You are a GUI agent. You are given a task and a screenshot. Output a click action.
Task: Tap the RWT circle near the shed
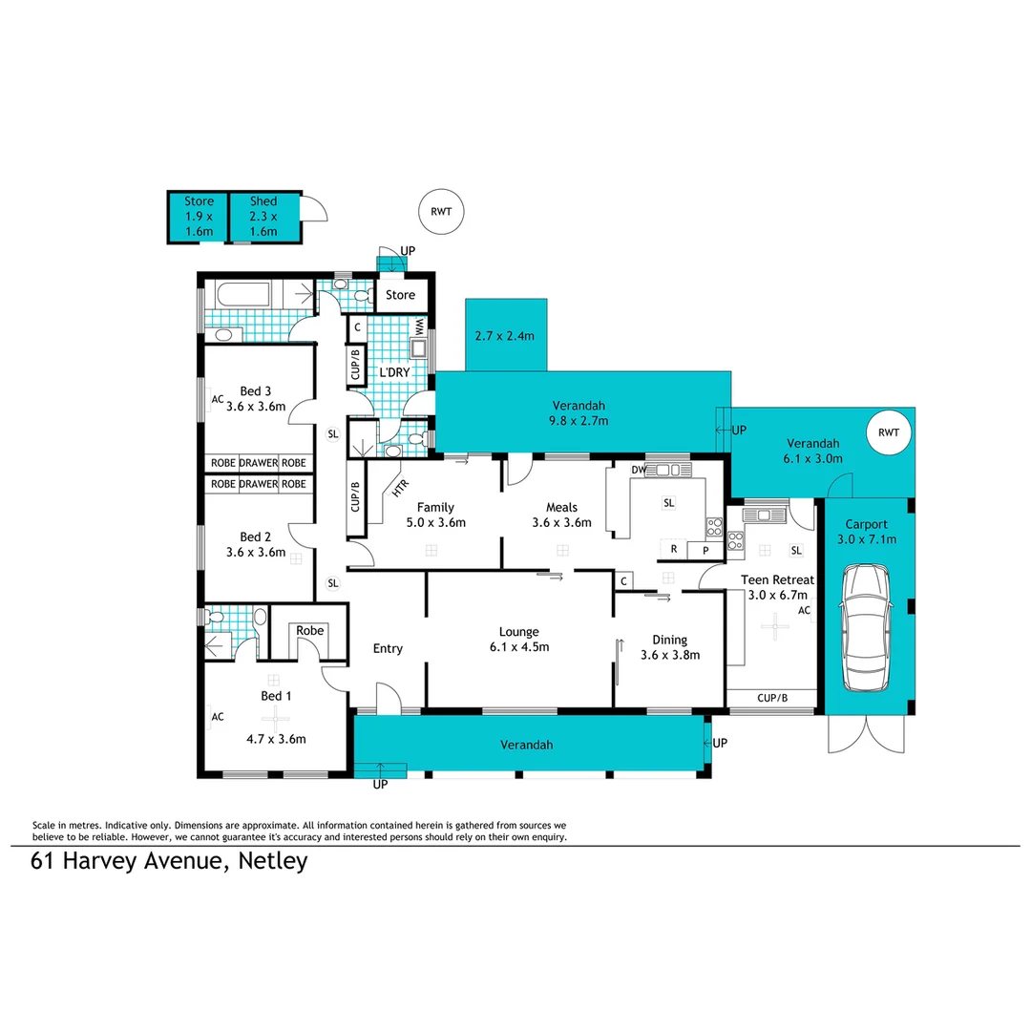(x=441, y=212)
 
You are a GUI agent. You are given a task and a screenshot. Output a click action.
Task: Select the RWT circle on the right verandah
(x=889, y=432)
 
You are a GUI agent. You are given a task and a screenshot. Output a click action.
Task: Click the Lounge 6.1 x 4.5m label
(x=518, y=639)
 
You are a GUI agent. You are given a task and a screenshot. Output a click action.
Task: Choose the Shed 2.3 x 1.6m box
(x=263, y=217)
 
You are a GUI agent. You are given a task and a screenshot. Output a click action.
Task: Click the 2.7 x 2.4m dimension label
(x=506, y=336)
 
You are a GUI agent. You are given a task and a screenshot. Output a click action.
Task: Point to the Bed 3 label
(x=256, y=398)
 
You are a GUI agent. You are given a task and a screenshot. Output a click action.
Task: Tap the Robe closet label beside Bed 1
(x=309, y=631)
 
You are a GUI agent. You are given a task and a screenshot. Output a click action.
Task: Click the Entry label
(x=388, y=648)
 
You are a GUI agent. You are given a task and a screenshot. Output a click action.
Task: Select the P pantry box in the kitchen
(x=705, y=551)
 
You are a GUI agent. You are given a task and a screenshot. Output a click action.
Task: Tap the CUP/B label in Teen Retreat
(x=771, y=699)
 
